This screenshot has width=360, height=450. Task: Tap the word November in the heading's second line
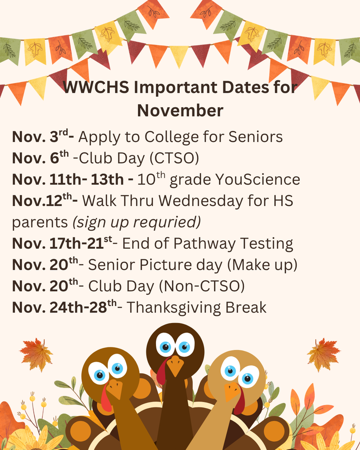point(180,110)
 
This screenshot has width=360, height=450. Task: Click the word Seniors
point(255,137)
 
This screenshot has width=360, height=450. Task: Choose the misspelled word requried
point(167,222)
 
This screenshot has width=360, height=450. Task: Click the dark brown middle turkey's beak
point(175,364)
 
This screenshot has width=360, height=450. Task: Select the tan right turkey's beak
point(232,390)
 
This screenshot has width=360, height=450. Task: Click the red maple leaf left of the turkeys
point(36,354)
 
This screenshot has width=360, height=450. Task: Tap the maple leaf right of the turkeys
point(324,354)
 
